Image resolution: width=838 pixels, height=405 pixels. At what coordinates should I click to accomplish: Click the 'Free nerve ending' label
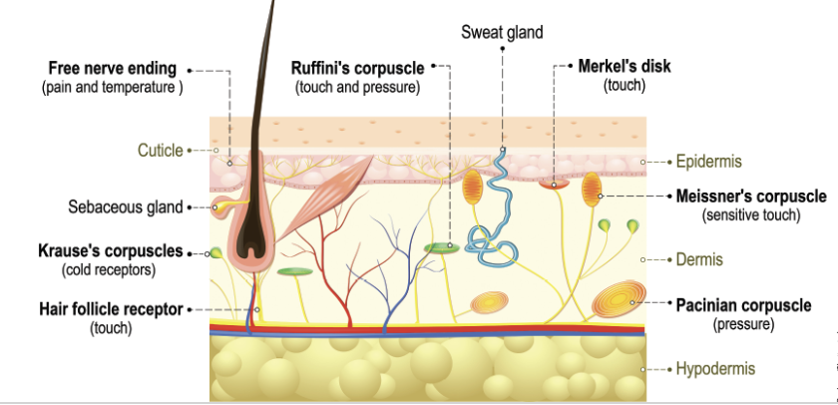[112, 69]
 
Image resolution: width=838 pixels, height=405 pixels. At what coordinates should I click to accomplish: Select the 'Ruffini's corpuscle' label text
[357, 69]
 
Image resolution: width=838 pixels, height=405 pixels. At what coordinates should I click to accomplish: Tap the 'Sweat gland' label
[502, 33]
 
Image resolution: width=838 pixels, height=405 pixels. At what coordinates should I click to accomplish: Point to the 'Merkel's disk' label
[625, 68]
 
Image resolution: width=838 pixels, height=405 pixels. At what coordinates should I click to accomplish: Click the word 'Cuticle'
[160, 151]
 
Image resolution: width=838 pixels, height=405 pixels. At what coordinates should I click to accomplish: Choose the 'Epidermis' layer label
[708, 161]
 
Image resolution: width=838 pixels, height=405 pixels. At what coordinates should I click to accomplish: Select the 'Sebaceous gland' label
[125, 207]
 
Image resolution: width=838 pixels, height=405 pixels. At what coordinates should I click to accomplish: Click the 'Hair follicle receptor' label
[111, 309]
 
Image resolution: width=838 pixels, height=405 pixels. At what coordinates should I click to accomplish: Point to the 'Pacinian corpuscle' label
[744, 303]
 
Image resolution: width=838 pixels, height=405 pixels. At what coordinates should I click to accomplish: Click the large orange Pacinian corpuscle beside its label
[614, 301]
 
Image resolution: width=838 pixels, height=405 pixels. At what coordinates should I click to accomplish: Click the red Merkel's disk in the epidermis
[554, 184]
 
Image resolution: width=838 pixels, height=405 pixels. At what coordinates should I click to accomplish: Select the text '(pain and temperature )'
[112, 88]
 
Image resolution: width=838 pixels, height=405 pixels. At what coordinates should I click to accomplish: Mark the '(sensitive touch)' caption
[750, 214]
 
